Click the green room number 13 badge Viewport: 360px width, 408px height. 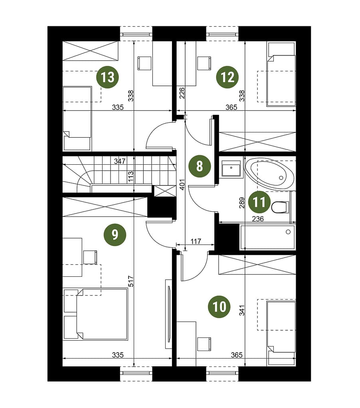[x=107, y=77]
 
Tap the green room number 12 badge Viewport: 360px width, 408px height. [x=227, y=77]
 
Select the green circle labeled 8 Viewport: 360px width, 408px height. [x=200, y=166]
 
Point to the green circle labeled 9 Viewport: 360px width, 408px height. [x=115, y=235]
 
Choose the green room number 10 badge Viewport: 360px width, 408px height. [x=219, y=307]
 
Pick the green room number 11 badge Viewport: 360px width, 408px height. [x=259, y=202]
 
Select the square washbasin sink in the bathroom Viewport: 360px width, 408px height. [x=231, y=168]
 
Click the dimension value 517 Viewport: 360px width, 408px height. [x=131, y=281]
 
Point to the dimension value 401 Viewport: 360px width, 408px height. [x=182, y=185]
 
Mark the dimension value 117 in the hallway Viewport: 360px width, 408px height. [x=196, y=241]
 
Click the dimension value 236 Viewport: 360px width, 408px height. [x=258, y=219]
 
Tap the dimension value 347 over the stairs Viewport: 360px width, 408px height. [x=120, y=162]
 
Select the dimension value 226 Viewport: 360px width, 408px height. [x=182, y=93]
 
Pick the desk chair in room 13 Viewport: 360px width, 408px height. [x=144, y=63]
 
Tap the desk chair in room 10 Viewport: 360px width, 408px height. [x=204, y=344]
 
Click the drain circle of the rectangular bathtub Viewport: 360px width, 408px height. [x=288, y=232]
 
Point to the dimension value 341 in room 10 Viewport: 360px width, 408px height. [x=242, y=310]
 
